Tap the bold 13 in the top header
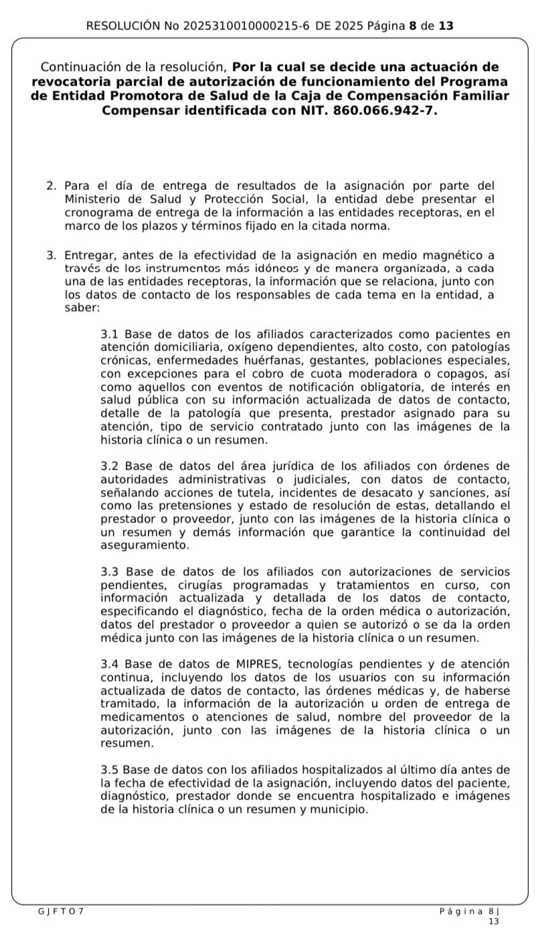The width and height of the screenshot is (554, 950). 446,26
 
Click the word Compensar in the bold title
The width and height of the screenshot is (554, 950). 139,110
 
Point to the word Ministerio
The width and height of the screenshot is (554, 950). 94,199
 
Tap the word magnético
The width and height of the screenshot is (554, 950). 459,256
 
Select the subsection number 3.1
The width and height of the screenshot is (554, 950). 110,335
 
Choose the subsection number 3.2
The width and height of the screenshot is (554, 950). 110,466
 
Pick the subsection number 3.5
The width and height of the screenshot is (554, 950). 110,770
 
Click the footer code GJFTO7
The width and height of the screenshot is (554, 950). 61,911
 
